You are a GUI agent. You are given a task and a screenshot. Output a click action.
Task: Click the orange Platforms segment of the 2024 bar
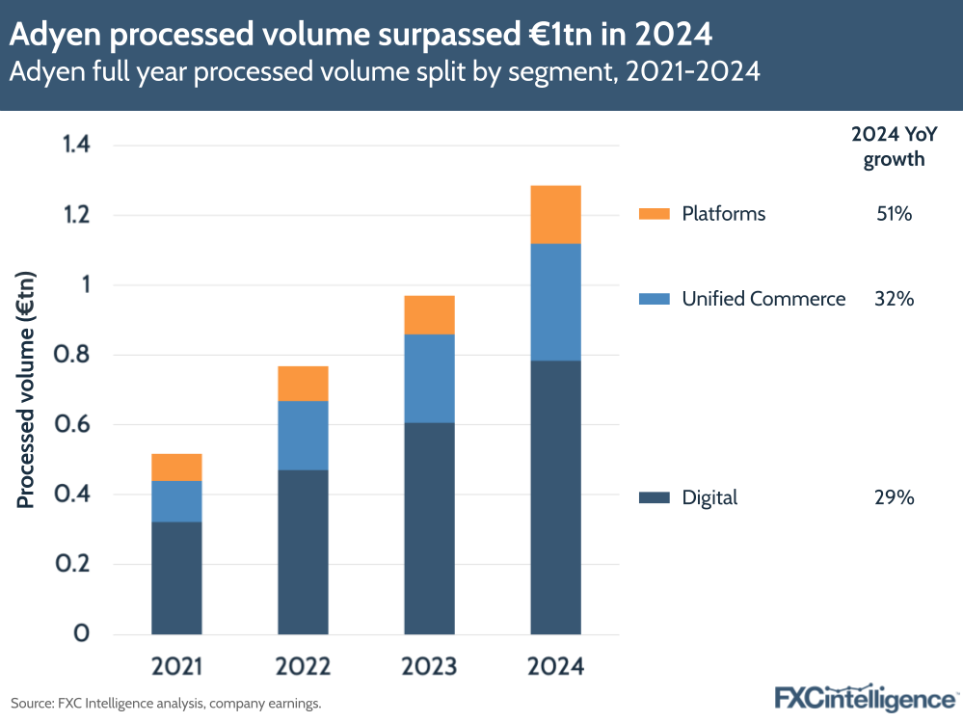[x=555, y=214]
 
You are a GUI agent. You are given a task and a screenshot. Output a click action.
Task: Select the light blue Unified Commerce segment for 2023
[x=429, y=378]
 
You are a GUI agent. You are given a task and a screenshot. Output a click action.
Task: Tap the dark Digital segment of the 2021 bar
[x=176, y=577]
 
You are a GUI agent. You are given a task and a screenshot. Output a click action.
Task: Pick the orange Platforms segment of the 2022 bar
[x=303, y=384]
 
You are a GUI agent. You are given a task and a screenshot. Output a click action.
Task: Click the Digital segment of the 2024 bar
[x=555, y=496]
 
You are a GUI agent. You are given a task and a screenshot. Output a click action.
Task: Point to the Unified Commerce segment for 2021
[x=176, y=501]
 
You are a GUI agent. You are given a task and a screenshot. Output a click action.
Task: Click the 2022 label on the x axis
[x=303, y=667]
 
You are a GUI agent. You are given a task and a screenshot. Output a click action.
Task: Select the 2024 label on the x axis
[x=555, y=667]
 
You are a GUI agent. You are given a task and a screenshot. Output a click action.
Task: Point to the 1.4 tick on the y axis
[x=75, y=146]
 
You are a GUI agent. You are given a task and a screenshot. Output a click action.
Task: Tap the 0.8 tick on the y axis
[x=75, y=355]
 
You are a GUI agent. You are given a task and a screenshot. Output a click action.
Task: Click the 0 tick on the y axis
[x=83, y=633]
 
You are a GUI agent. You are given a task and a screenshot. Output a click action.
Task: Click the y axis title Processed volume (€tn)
[x=26, y=389]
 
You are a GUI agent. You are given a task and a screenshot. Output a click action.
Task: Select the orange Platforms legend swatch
[x=654, y=214]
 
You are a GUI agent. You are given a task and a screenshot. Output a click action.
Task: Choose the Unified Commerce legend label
[x=763, y=299]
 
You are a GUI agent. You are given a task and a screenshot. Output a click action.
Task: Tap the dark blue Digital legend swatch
[x=654, y=497]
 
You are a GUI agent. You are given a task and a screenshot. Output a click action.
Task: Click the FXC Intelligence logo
[x=865, y=697]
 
